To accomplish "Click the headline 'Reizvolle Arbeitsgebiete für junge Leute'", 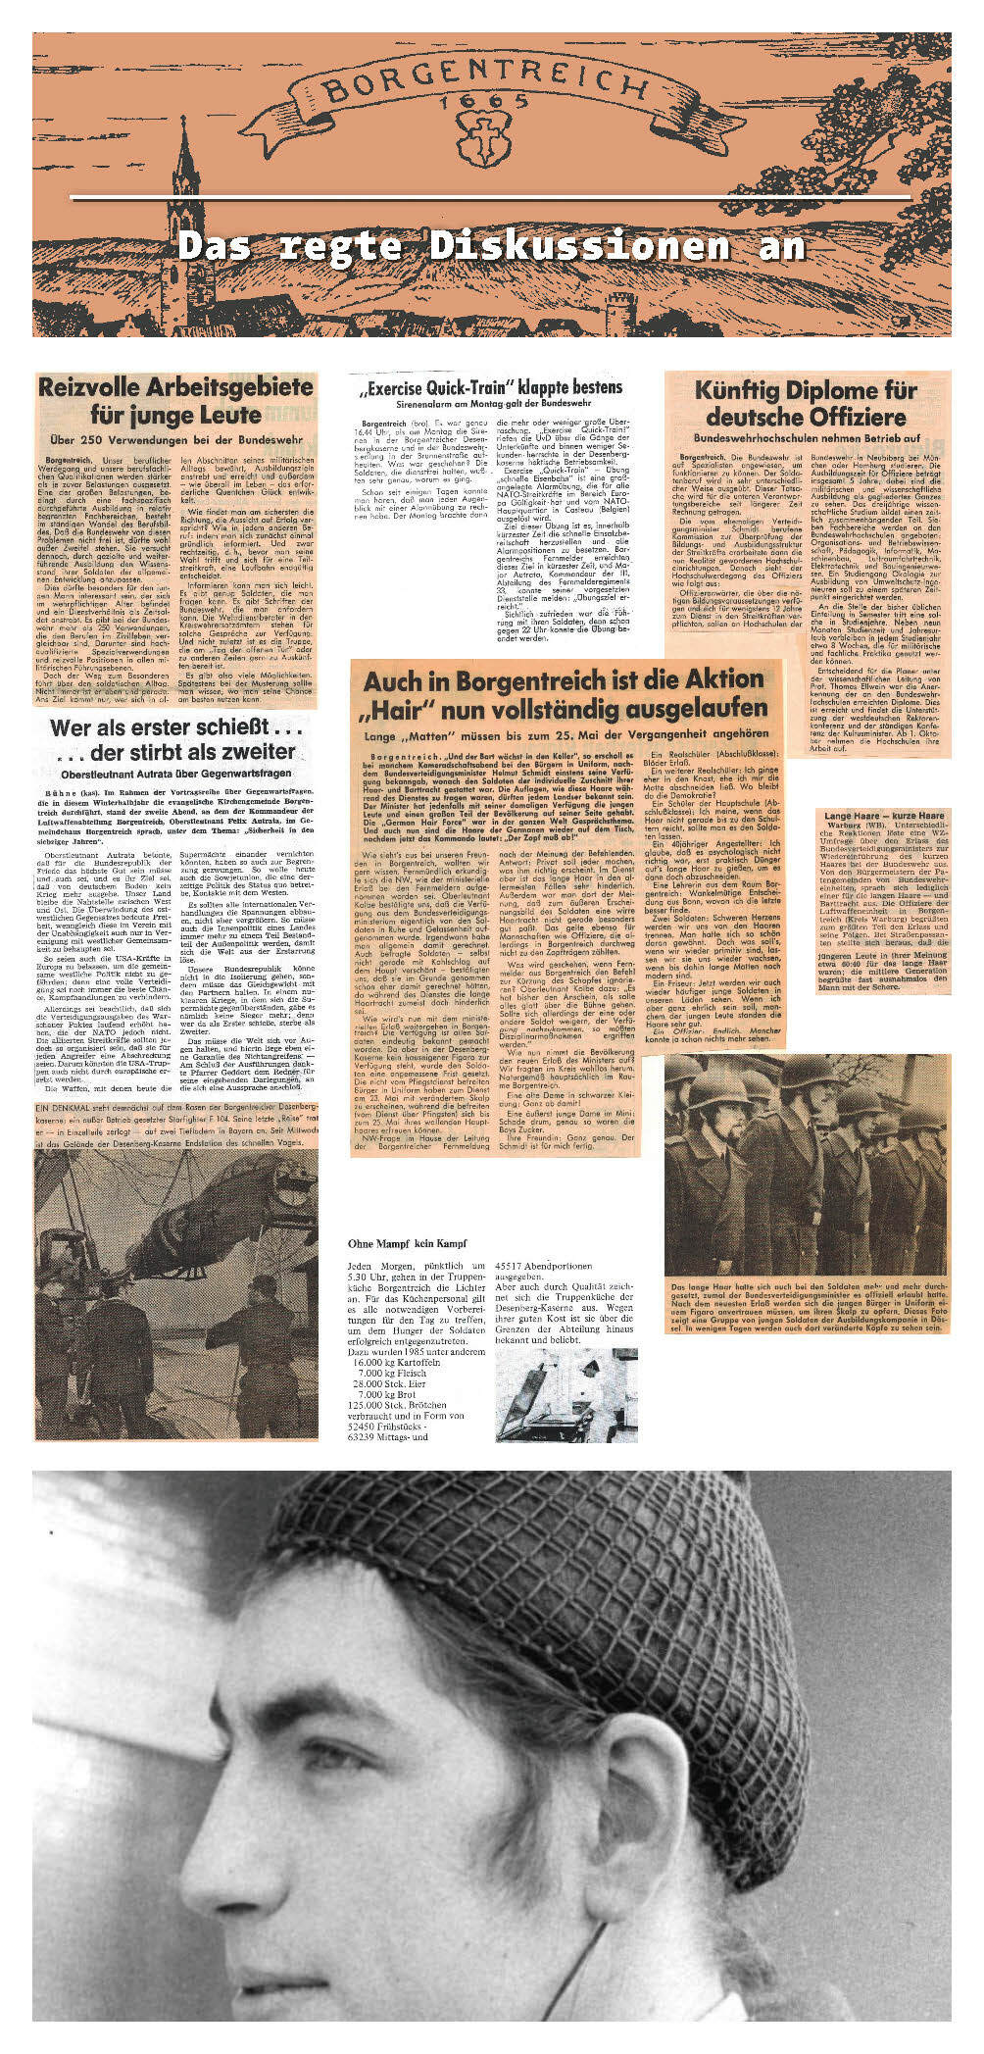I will coord(175,400).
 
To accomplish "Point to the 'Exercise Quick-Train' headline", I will coord(491,388).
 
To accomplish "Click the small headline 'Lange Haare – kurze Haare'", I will coord(883,816).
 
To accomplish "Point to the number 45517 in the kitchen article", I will coord(514,1266).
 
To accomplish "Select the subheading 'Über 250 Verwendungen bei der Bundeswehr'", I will coord(175,441).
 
